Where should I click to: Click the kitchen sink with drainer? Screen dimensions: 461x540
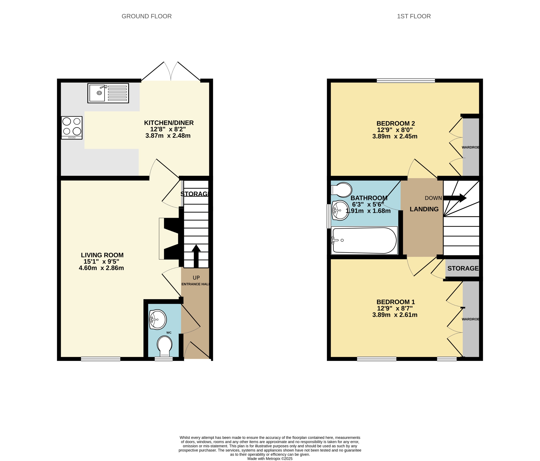click(x=108, y=93)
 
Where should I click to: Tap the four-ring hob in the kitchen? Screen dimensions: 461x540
click(x=72, y=128)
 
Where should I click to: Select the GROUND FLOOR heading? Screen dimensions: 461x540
click(x=146, y=16)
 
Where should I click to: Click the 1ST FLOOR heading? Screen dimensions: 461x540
click(x=414, y=16)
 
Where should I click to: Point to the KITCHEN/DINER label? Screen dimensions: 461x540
click(x=169, y=123)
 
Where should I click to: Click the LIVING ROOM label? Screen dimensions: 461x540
click(x=102, y=255)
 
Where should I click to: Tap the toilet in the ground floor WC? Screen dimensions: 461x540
click(x=165, y=346)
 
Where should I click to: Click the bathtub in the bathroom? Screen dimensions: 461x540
click(x=364, y=240)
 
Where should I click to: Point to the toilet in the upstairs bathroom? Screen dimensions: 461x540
click(x=342, y=190)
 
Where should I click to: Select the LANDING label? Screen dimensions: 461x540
click(x=424, y=209)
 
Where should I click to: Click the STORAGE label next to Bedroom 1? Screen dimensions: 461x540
click(x=463, y=268)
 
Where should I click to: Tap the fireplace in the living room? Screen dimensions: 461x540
click(x=169, y=239)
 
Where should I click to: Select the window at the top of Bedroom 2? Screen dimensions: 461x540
click(x=406, y=80)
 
